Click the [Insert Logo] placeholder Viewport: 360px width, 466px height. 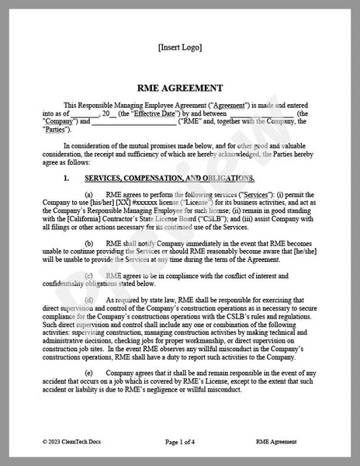179,47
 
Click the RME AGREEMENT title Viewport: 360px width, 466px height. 179,89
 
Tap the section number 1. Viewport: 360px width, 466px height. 67,179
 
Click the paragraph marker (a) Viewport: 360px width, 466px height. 88,193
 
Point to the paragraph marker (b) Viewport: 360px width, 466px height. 88,243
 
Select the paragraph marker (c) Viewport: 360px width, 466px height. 88,275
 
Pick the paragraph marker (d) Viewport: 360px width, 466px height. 88,300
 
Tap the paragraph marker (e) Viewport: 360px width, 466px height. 88,374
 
